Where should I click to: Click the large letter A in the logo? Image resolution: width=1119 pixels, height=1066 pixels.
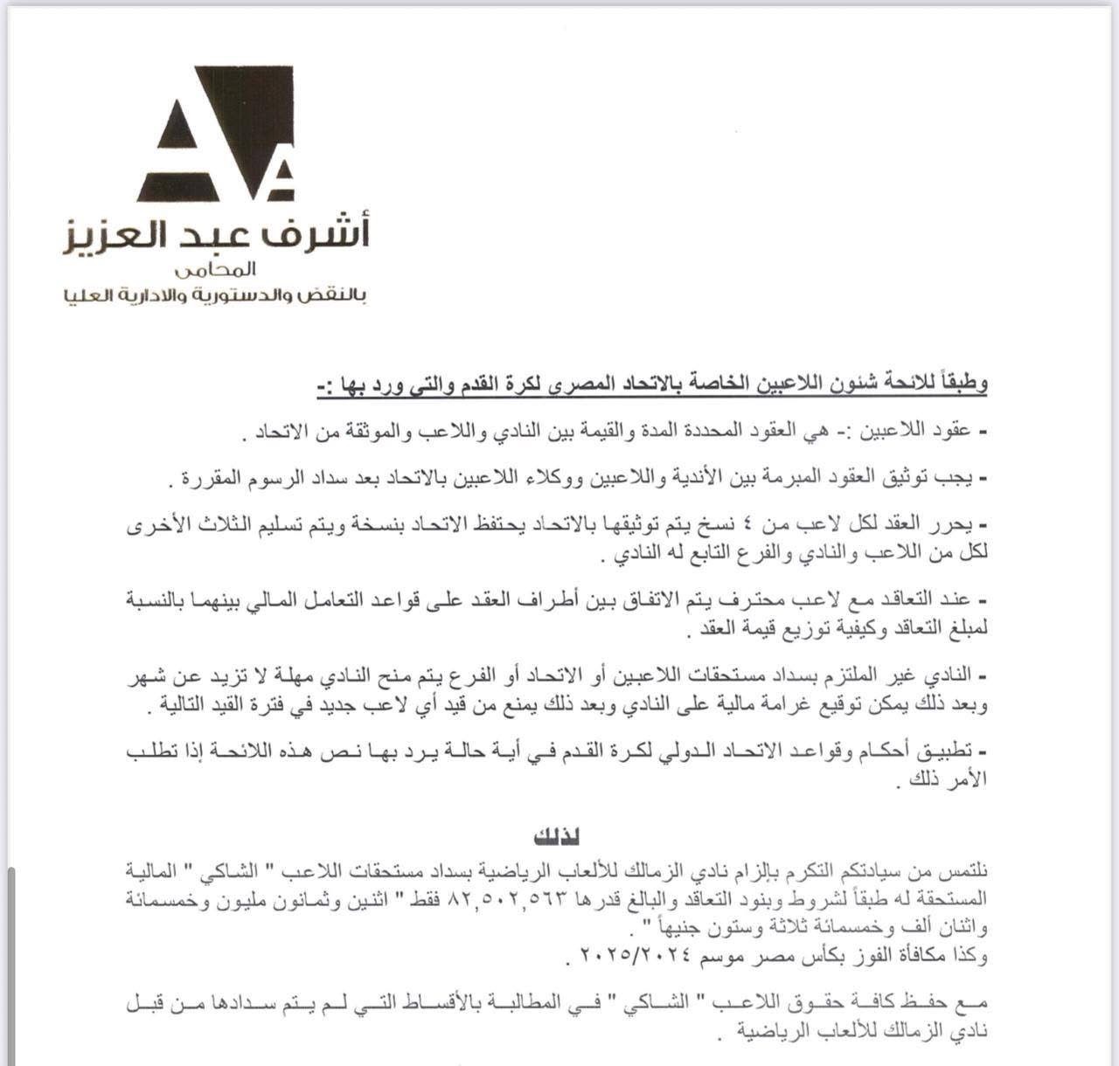pyautogui.click(x=210, y=131)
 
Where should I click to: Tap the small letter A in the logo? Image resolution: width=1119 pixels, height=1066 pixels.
pyautogui.click(x=279, y=179)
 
